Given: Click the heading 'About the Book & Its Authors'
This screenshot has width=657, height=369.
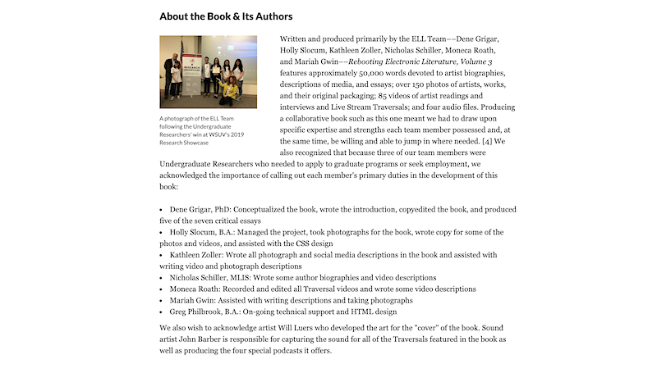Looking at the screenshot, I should click(x=226, y=16).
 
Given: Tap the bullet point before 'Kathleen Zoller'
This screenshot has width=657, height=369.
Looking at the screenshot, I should click(x=162, y=255).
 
